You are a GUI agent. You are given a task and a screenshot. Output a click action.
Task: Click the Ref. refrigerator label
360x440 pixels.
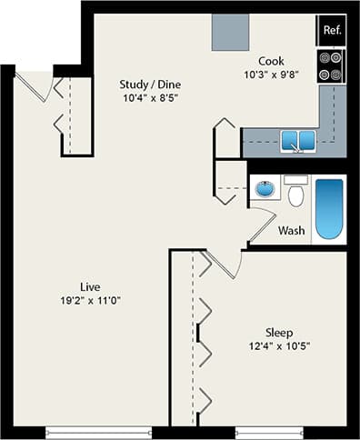(331, 30)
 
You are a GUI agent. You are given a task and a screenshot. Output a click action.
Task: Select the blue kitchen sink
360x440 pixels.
(297, 140)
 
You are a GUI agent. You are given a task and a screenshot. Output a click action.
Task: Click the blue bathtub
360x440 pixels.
(329, 208)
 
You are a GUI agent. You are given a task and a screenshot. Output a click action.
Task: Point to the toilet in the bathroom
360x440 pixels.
(294, 193)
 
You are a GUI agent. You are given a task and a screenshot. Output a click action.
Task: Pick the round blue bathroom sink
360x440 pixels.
(265, 189)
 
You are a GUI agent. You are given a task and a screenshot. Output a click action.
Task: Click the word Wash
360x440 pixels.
(291, 230)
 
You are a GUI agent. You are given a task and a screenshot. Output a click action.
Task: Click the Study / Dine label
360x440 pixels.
(148, 85)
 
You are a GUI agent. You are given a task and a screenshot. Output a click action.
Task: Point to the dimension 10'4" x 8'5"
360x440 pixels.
(148, 98)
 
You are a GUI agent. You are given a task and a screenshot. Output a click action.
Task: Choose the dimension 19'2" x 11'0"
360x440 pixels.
(88, 300)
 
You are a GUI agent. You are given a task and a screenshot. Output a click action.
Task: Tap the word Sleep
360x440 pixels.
(279, 331)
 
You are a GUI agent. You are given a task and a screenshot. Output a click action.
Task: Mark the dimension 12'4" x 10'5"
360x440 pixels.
(279, 345)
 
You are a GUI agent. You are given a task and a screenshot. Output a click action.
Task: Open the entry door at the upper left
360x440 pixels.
(35, 87)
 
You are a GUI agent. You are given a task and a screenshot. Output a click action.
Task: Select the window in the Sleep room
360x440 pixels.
(268, 431)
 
